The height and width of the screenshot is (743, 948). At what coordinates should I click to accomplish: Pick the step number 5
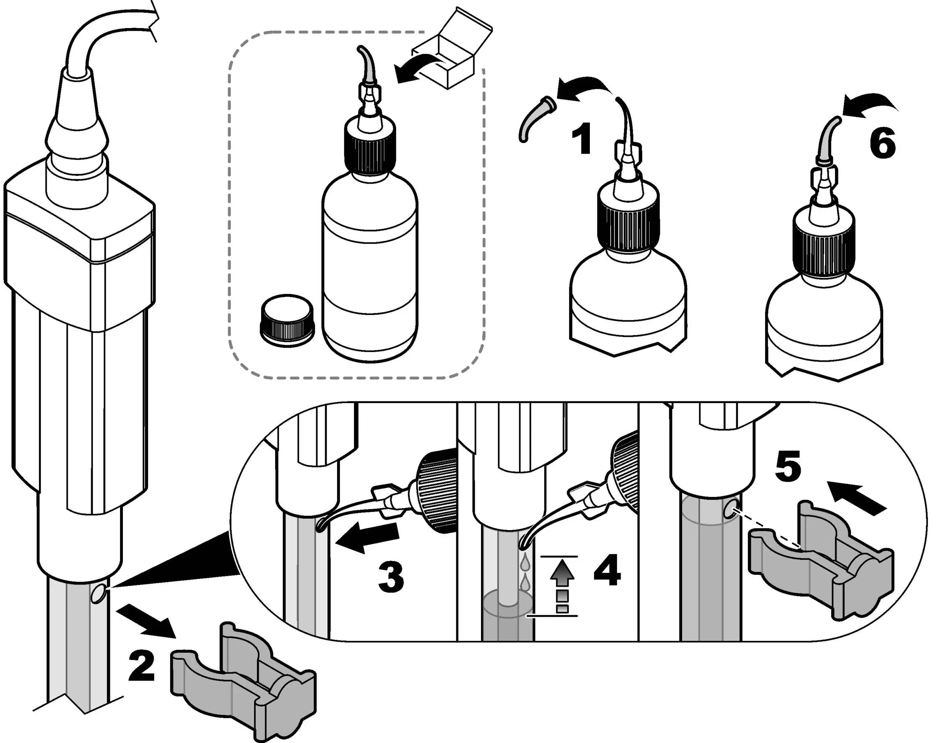coord(788,468)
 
